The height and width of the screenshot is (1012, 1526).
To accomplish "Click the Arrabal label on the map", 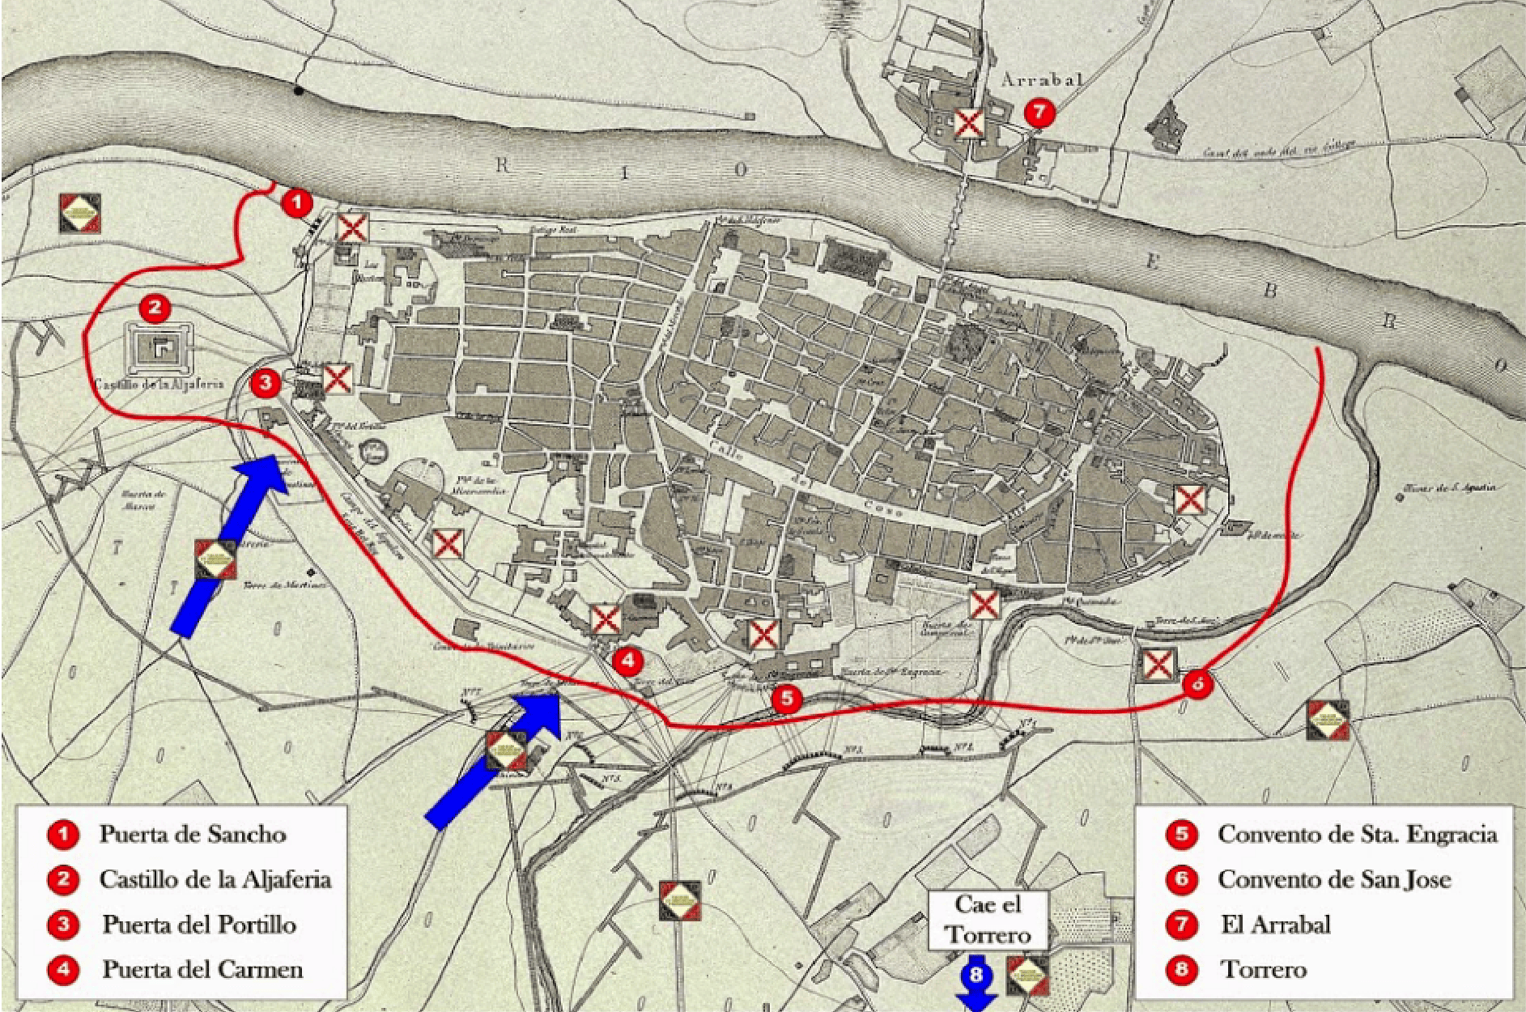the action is (x=1042, y=79).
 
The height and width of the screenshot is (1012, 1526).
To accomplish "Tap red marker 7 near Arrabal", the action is (x=1039, y=112).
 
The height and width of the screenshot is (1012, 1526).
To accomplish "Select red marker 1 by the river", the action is (x=297, y=202).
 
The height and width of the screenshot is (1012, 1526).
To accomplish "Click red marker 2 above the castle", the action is (x=155, y=308).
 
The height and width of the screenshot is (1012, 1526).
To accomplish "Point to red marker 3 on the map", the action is (x=266, y=382).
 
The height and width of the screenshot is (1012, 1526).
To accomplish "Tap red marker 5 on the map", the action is (x=786, y=698).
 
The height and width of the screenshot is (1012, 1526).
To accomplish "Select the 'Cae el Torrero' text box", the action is (x=988, y=920).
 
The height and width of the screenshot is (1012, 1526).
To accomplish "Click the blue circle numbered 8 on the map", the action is (x=976, y=973).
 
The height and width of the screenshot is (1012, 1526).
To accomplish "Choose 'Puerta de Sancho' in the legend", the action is (x=193, y=834).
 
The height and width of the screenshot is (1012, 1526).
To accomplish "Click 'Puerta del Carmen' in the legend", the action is (x=202, y=969).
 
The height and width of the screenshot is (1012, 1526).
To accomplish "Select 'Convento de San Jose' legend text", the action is (x=1333, y=879).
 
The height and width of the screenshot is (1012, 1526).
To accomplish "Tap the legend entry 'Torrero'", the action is (x=1264, y=969).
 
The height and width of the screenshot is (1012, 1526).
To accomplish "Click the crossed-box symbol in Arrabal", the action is (x=968, y=124).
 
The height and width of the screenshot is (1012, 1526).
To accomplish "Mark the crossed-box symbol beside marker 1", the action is (x=352, y=228).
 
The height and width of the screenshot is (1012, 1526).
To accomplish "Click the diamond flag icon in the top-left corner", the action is (x=80, y=213).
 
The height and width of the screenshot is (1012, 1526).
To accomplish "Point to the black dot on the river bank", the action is (x=299, y=91).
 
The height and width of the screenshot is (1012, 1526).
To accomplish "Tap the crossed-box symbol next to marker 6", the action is (x=1158, y=665).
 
